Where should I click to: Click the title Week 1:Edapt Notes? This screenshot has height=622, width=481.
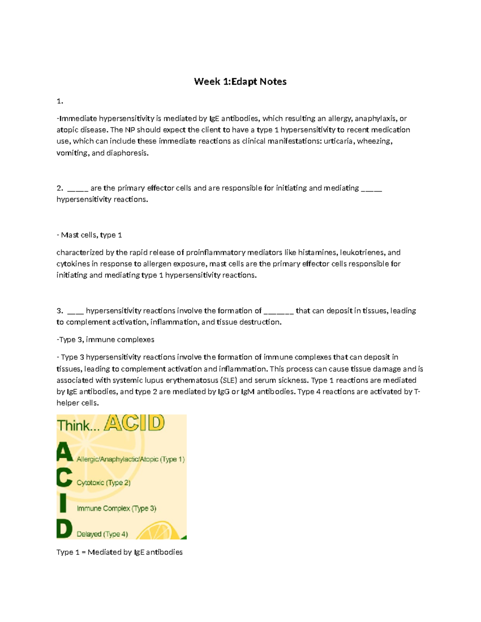coord(240,82)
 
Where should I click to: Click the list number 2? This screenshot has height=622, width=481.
coord(59,188)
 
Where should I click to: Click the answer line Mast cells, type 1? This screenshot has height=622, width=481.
coord(89,235)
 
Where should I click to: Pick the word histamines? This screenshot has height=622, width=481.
coord(317,253)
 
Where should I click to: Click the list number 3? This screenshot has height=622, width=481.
coord(59,311)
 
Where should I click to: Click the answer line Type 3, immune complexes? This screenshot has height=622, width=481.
coord(105,340)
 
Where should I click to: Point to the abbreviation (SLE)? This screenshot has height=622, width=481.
coord(228,380)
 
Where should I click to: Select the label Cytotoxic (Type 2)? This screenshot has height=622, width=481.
coord(103,483)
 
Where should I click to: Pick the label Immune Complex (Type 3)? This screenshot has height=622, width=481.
coord(116,509)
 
